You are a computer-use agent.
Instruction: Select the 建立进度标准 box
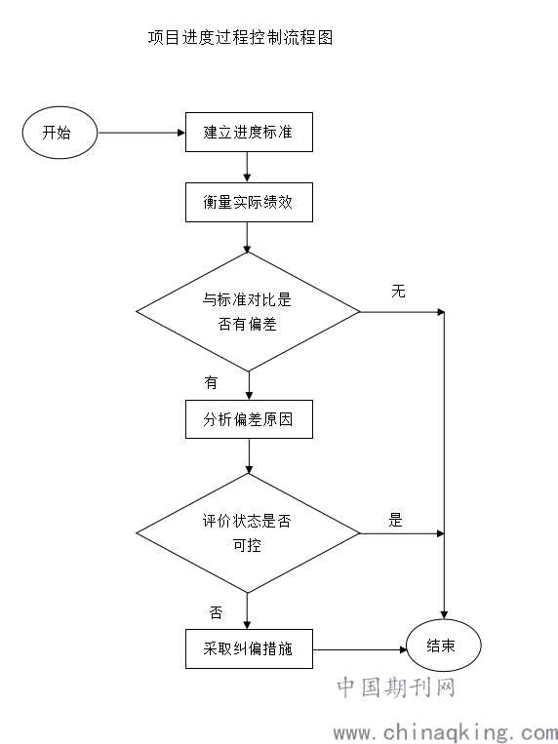249,132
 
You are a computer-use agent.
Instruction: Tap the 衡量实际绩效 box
249,202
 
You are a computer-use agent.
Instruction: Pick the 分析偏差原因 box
249,419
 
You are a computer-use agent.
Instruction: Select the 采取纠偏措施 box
249,648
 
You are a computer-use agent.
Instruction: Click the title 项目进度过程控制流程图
240,37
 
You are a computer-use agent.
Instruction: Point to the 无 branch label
398,291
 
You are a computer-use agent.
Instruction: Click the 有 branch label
211,382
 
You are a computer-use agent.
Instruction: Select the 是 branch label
396,520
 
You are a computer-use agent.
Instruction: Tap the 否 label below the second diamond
216,613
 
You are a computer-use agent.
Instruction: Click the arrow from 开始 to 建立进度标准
141,133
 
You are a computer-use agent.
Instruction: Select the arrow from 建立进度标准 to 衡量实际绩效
247,167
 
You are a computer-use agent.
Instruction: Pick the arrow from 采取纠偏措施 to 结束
360,649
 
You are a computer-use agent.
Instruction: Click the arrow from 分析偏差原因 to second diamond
249,456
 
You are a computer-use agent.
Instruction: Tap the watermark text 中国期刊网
396,687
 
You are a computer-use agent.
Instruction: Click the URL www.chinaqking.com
446,732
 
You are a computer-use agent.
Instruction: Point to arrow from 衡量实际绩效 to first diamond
247,237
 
